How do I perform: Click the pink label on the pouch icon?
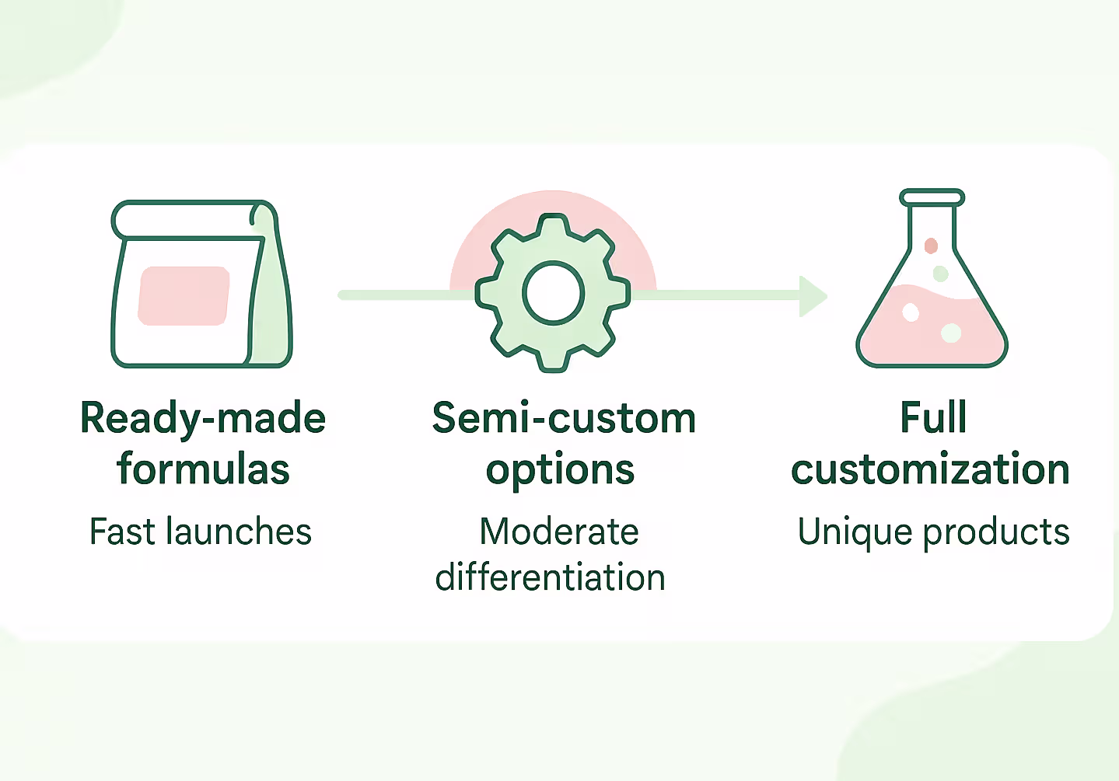point(184,296)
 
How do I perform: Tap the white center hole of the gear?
point(553,293)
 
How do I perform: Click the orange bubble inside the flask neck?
point(931,246)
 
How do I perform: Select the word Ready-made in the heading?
point(203,419)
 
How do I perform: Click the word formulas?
point(203,469)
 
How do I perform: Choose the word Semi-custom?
point(564,419)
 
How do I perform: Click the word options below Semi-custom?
point(560,471)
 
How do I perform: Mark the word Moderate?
point(559,532)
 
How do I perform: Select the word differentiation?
point(551,578)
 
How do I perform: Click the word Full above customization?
point(933,418)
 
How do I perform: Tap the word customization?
point(931,469)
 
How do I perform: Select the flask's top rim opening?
point(932,197)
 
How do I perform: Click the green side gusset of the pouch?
point(271,311)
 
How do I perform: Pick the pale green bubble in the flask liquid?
point(951,333)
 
